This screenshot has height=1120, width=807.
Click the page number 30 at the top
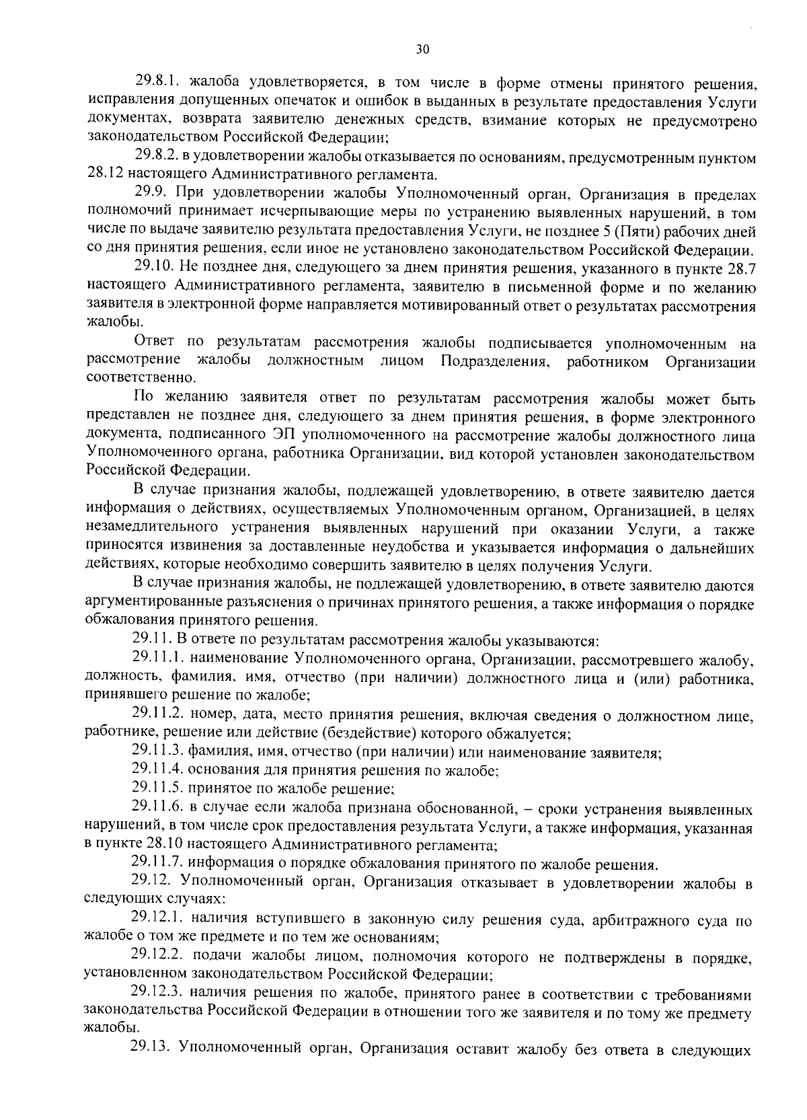tap(422, 48)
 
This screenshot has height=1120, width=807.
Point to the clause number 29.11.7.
tap(157, 863)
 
